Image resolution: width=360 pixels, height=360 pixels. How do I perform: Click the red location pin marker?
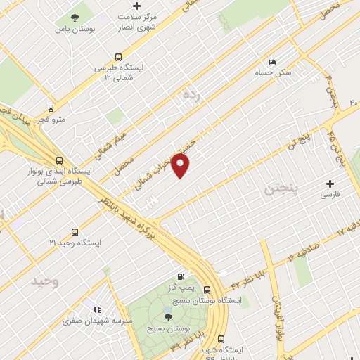click(x=181, y=165)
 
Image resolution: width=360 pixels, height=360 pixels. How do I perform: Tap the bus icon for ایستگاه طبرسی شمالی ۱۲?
click(x=118, y=58)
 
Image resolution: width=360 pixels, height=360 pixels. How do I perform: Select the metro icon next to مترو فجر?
click(x=50, y=108)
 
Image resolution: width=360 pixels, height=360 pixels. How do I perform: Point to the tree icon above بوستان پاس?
click(x=75, y=18)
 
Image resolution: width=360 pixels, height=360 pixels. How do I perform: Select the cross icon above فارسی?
click(x=329, y=183)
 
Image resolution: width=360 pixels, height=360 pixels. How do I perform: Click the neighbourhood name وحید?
click(x=44, y=281)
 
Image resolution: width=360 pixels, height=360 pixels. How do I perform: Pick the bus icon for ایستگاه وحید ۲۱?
click(x=75, y=231)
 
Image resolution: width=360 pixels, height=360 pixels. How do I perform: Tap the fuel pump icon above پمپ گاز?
click(x=182, y=277)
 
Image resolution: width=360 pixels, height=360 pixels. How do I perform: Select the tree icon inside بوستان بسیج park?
click(x=167, y=317)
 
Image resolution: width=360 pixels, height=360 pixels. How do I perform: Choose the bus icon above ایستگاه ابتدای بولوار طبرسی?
click(x=59, y=160)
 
